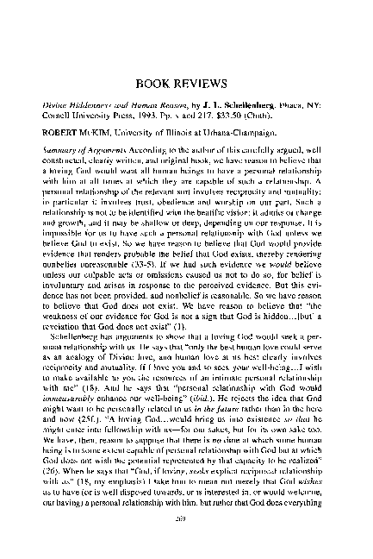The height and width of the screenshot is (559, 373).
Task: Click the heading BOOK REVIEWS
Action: [x=186, y=85]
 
